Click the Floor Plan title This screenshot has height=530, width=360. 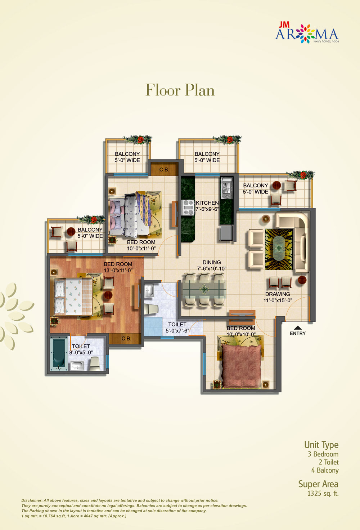tap(180, 90)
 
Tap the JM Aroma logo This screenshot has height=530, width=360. tap(307, 33)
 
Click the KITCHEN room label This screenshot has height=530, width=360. tap(207, 203)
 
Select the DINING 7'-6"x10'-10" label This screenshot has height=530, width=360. tap(211, 266)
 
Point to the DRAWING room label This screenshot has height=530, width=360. tap(278, 294)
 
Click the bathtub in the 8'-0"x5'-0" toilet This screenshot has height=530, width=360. tap(58, 353)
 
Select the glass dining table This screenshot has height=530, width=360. tap(204, 290)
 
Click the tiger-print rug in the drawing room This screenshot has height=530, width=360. tap(279, 249)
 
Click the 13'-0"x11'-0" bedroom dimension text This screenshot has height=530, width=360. tap(118, 271)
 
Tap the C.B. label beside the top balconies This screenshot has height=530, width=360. tap(164, 169)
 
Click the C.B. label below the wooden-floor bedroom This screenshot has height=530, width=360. tap(126, 339)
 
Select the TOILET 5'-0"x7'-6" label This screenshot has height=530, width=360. tap(177, 328)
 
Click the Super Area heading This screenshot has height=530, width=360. tap(318, 484)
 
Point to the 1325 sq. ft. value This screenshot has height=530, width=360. tap(323, 494)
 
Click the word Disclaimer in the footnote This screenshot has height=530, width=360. tap(31, 500)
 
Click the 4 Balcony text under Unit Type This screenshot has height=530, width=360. tap(325, 470)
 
